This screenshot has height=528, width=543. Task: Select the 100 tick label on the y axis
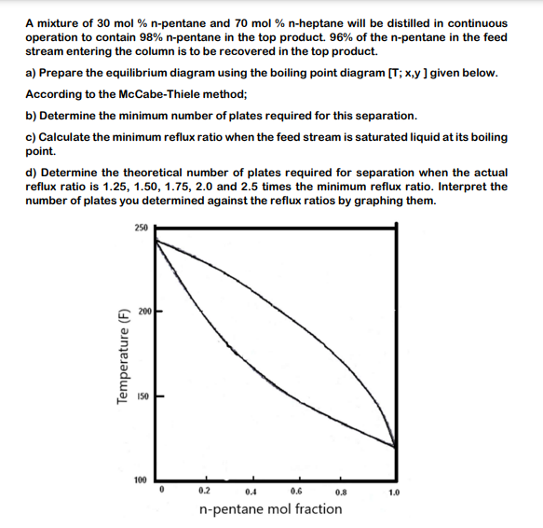(140, 479)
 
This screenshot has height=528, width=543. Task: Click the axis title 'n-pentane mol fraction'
(270, 509)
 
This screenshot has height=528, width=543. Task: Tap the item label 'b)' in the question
(31, 116)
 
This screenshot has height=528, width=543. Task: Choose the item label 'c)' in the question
(31, 137)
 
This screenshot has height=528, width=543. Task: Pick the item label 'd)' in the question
(31, 173)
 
